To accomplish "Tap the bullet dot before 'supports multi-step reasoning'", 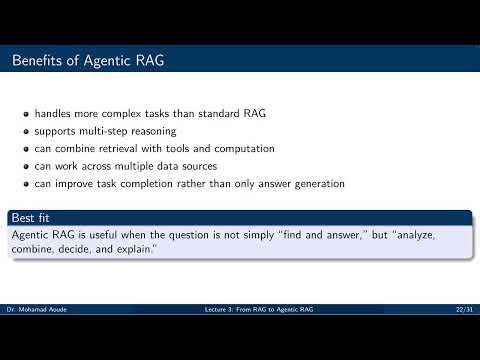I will point(27,131).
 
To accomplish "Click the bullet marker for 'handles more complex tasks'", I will point(27,113).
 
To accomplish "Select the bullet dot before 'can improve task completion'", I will point(27,184).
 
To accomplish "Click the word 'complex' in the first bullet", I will point(119,113).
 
